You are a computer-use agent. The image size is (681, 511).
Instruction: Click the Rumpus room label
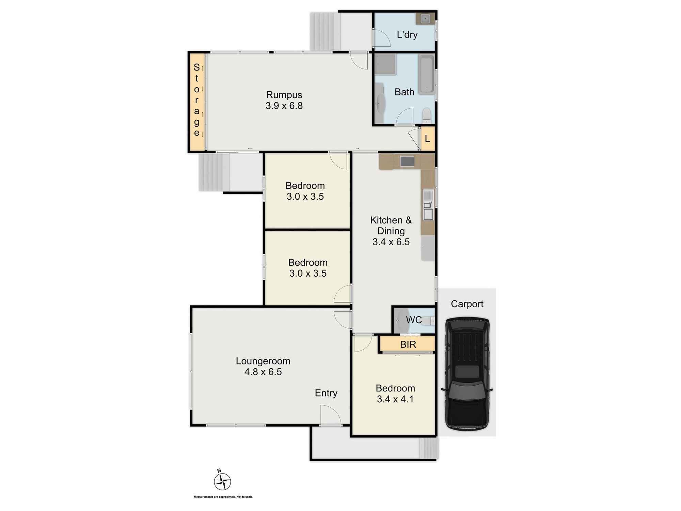point(284,95)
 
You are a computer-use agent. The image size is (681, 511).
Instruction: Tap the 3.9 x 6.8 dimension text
point(284,106)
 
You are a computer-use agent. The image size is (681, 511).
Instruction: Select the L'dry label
point(407,34)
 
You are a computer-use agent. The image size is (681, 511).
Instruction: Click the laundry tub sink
point(425,19)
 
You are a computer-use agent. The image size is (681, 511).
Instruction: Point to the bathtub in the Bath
point(426,74)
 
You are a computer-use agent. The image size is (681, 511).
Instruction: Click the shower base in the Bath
point(385,64)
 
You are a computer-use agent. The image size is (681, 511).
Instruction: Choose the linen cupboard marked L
point(428,139)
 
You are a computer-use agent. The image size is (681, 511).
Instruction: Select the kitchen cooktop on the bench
point(407,161)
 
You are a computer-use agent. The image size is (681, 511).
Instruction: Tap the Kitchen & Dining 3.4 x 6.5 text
point(391,231)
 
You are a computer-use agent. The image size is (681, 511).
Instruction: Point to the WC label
point(414,320)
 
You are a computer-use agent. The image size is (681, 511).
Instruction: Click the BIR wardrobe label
point(408,344)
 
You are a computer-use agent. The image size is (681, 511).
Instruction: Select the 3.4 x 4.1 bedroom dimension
point(395,399)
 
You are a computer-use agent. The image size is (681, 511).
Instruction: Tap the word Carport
point(467,304)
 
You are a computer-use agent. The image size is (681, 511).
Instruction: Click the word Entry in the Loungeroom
point(326,393)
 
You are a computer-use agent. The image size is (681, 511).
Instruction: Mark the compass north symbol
point(222,481)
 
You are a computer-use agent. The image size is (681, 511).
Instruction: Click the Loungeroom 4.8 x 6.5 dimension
point(263,372)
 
